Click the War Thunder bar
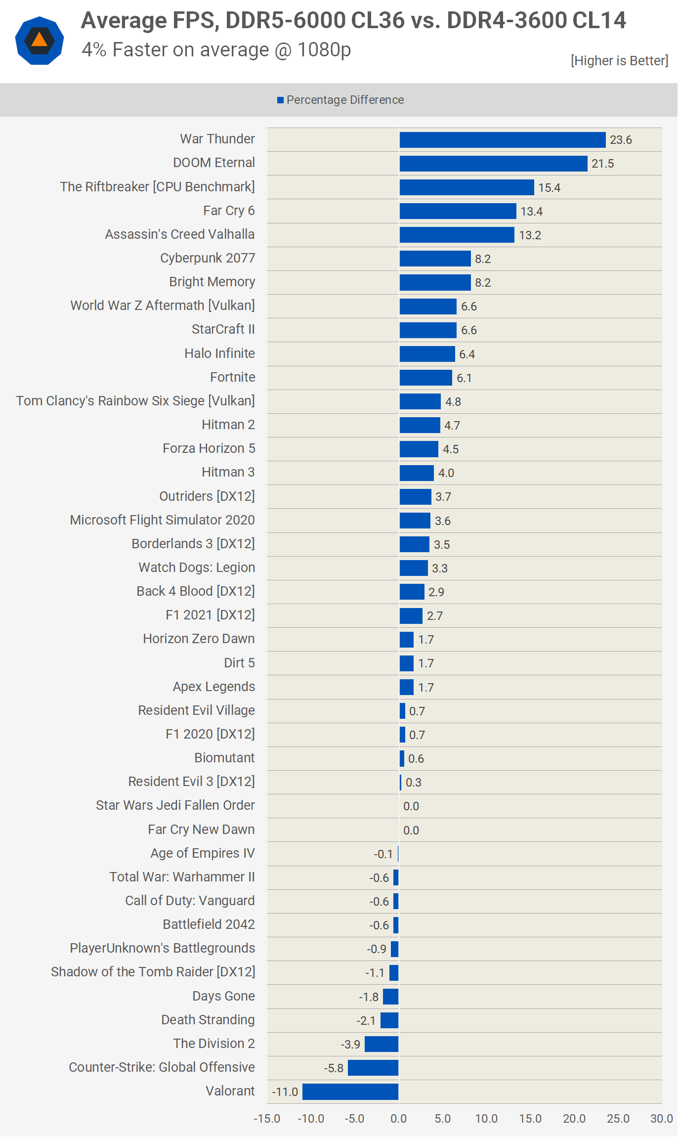[502, 140]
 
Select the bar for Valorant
[350, 1092]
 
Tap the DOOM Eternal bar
[493, 164]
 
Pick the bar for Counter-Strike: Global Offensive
[373, 1068]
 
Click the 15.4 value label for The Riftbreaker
[549, 188]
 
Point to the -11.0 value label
[285, 1092]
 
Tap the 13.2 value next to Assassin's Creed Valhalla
[530, 235]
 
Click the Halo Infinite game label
[219, 353]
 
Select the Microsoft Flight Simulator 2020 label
[162, 520]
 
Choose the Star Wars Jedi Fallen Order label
[175, 805]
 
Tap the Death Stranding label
[208, 1020]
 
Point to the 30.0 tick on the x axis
[661, 1119]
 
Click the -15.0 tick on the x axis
[267, 1119]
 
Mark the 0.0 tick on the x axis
[398, 1119]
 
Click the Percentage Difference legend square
[280, 100]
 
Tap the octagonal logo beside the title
[40, 41]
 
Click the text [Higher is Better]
[619, 61]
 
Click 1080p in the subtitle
[324, 50]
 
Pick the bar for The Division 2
[381, 1044]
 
